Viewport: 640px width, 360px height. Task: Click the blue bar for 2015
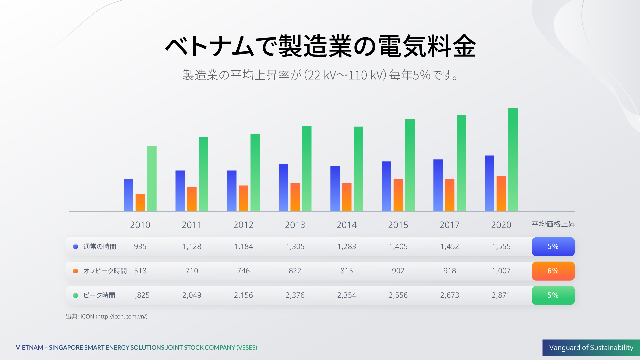[x=386, y=186]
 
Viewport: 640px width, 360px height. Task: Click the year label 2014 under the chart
[x=346, y=225]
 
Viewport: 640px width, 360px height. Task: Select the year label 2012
[x=243, y=225]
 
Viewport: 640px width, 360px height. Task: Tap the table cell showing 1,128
[x=192, y=247]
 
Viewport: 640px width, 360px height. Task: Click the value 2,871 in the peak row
[x=501, y=295]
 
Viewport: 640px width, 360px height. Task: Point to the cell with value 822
[x=295, y=271]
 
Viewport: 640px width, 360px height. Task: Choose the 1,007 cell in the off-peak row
[x=501, y=271]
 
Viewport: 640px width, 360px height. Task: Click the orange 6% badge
[x=553, y=271]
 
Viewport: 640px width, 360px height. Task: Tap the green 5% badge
[x=553, y=295]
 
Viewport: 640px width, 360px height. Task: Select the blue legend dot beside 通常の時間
[x=76, y=247]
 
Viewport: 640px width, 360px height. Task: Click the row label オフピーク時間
[x=105, y=271]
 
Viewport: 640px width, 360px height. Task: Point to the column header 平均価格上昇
[x=553, y=224]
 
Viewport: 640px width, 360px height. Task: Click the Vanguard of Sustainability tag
[x=591, y=348]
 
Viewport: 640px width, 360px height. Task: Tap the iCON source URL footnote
[x=114, y=316]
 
